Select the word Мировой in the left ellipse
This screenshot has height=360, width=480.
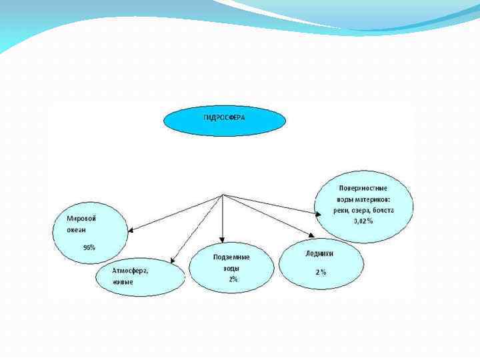point(82,218)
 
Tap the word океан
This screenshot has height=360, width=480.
point(76,229)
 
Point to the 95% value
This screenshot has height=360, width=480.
point(89,247)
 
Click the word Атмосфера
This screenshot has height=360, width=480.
point(130,271)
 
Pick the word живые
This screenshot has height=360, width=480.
point(122,282)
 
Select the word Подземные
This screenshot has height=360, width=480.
point(231,257)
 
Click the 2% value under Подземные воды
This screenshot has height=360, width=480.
point(233,279)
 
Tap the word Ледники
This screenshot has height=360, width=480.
point(319,253)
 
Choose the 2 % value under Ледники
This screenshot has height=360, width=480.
point(321,272)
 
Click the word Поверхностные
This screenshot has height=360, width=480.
point(363,188)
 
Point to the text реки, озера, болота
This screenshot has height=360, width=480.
point(364,210)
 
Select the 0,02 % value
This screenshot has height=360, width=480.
point(363,221)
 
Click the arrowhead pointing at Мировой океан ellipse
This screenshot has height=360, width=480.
point(131,230)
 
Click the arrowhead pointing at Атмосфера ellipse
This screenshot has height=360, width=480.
point(172,261)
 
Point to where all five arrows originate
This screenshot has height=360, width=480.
point(223,195)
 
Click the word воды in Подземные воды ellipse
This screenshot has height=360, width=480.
point(229,269)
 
